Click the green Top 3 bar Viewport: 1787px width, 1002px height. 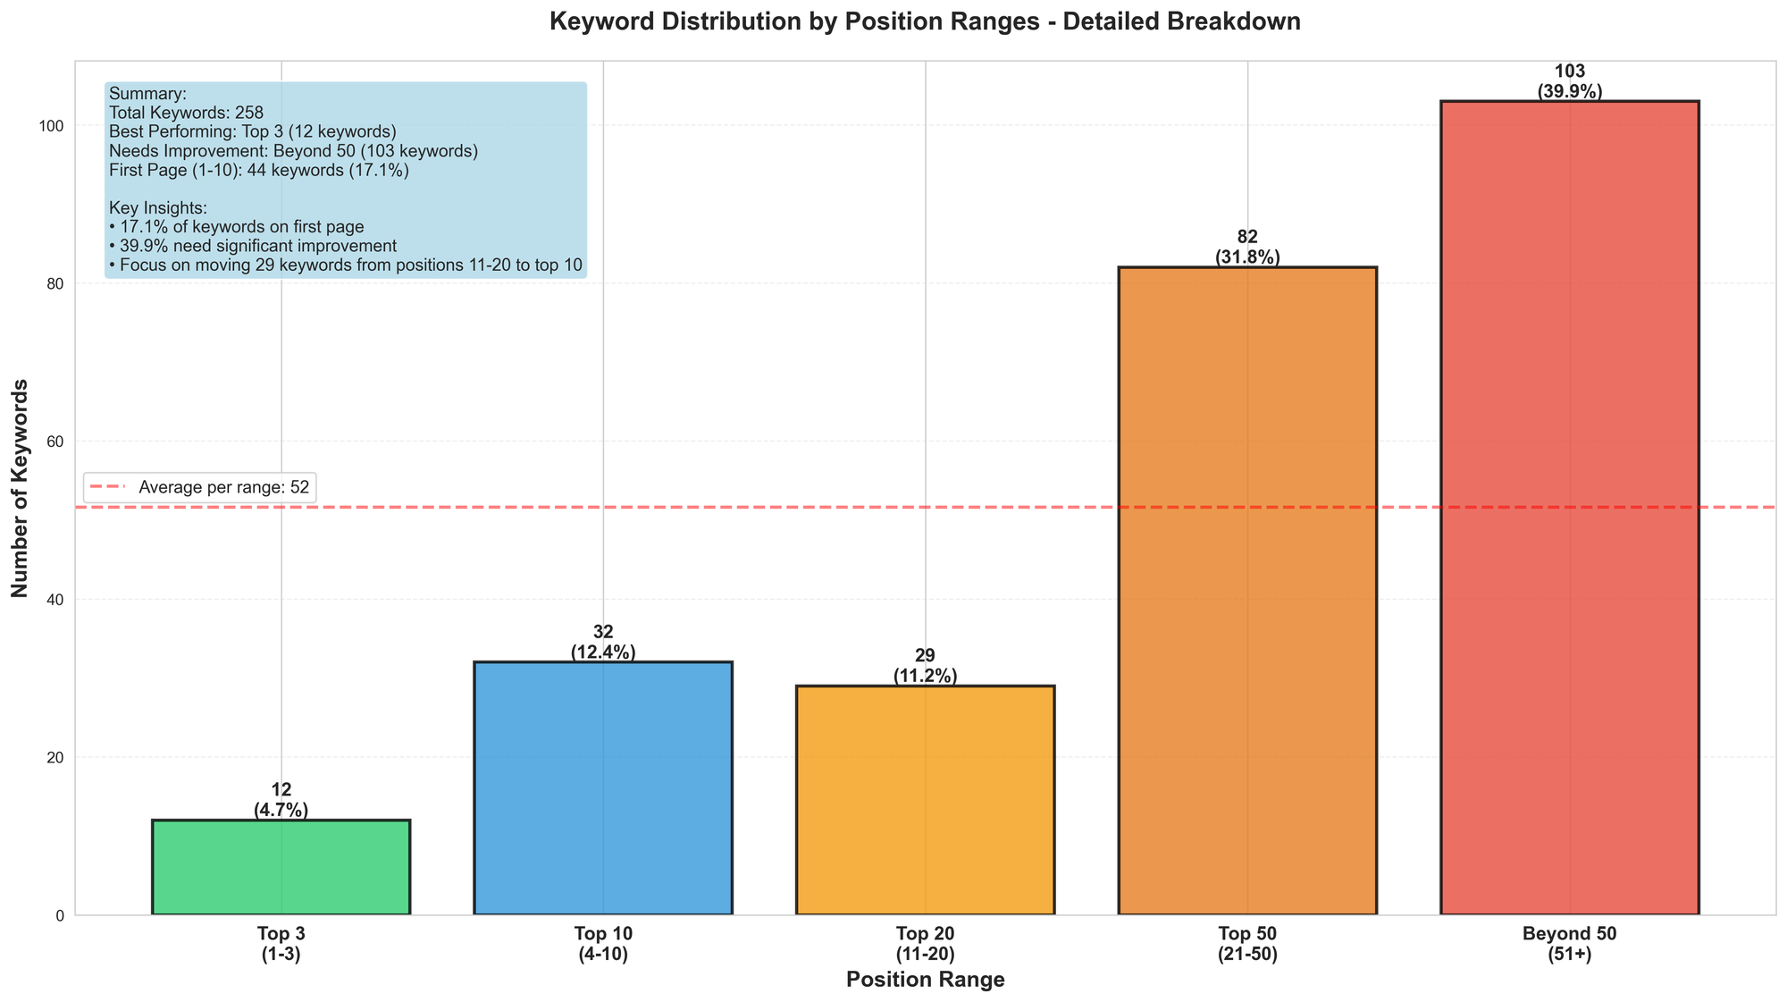[x=281, y=867]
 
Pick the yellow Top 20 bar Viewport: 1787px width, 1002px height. [x=926, y=800]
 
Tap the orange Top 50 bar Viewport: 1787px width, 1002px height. [x=1247, y=590]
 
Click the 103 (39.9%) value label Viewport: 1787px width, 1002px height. [x=1569, y=81]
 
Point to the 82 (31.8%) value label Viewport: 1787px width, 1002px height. [x=1247, y=248]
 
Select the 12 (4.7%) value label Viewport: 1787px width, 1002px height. [x=281, y=800]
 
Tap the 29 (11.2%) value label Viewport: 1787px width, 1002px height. [x=926, y=666]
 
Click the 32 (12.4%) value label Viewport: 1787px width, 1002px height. [x=603, y=643]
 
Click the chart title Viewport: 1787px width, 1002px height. [x=925, y=21]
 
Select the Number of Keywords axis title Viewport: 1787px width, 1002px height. [x=20, y=488]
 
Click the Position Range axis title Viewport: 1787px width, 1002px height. [x=925, y=980]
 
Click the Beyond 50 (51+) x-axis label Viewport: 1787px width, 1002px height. [x=1569, y=944]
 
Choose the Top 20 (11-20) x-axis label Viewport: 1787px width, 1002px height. [x=926, y=944]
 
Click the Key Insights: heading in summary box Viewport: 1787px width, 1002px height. [x=158, y=208]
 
